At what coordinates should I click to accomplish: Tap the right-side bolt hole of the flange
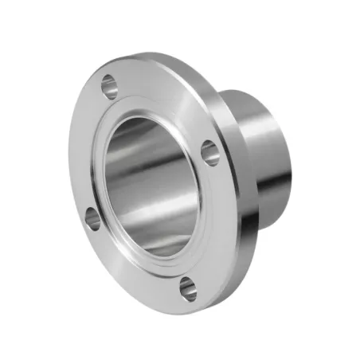point(209,151)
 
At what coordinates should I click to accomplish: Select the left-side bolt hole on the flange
point(92,217)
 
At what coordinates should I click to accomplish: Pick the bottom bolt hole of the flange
point(187,289)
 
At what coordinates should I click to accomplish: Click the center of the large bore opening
point(151,188)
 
